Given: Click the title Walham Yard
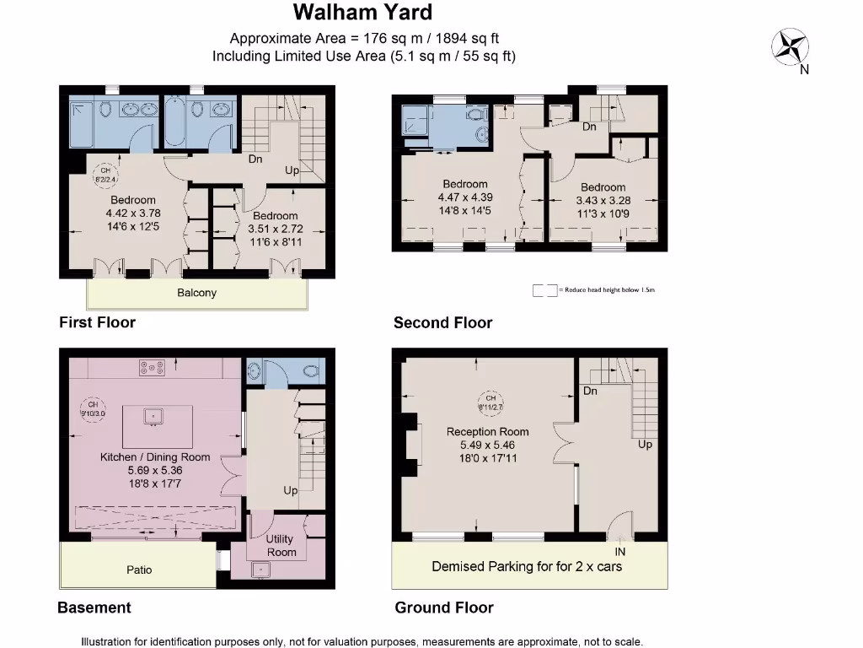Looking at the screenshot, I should (x=362, y=13).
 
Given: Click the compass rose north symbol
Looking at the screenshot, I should (x=790, y=46).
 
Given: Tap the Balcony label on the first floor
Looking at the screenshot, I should (x=196, y=293).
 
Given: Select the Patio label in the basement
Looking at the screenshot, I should (x=139, y=570).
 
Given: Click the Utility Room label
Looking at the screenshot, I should (x=281, y=545).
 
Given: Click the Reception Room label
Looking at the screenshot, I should (x=488, y=431).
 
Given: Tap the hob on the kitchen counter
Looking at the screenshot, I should (x=152, y=368).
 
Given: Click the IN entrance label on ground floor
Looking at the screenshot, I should (x=620, y=551).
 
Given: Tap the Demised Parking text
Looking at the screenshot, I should (x=527, y=566).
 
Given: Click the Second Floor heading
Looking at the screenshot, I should (x=442, y=322).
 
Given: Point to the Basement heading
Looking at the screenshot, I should (x=94, y=607).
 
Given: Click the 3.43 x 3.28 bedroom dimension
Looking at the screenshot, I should (x=603, y=201).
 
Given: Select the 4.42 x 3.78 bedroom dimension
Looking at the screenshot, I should (x=133, y=213).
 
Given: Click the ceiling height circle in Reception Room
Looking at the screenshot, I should (x=490, y=402).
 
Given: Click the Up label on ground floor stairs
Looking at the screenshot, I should (x=645, y=444).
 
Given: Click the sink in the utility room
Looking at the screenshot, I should (x=261, y=570).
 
